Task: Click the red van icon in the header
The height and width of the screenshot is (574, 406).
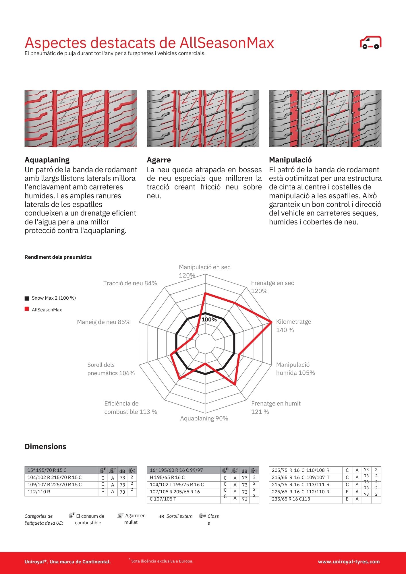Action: (x=370, y=43)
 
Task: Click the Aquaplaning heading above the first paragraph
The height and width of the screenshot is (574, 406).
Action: (x=47, y=160)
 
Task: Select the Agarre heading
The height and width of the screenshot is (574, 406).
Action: (x=159, y=160)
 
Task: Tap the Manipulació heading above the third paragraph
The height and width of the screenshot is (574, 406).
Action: (x=290, y=160)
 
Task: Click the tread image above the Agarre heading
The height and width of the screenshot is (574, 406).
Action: (x=203, y=119)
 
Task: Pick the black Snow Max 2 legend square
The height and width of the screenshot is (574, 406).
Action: (x=27, y=298)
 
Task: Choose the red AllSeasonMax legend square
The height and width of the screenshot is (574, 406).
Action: (x=27, y=309)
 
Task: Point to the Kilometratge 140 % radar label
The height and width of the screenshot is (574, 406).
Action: (x=293, y=326)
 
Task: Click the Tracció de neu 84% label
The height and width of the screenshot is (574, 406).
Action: (x=130, y=283)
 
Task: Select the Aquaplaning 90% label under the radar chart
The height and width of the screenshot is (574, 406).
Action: (x=204, y=418)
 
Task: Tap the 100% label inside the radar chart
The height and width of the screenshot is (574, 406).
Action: (x=209, y=320)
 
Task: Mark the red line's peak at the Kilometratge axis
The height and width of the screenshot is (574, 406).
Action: (x=271, y=322)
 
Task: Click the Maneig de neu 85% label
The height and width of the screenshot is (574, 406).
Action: (x=104, y=322)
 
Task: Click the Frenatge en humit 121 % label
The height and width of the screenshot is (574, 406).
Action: (x=276, y=408)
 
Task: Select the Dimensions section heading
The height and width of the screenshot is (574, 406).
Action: (x=45, y=447)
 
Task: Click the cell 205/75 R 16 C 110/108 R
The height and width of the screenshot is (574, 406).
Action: (x=301, y=470)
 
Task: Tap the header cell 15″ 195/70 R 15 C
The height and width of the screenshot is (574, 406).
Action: (x=47, y=470)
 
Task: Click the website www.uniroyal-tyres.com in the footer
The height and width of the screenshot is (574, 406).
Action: (x=349, y=562)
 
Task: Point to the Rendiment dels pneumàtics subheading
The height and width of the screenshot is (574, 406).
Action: (x=58, y=257)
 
